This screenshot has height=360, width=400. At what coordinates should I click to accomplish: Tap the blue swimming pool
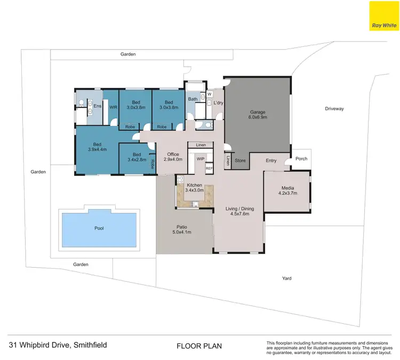click(99, 228)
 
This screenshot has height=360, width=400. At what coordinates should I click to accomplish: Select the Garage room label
click(258, 115)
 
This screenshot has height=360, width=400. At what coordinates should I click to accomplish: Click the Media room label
click(287, 191)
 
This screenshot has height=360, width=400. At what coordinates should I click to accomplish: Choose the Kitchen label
click(195, 187)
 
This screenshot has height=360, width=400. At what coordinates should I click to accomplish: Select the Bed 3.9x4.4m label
click(97, 147)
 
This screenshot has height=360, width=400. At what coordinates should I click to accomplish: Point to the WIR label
click(113, 107)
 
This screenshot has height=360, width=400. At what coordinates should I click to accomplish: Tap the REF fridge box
click(209, 168)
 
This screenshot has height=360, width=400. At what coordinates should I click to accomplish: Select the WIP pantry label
click(201, 158)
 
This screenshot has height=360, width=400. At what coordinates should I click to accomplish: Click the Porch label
click(301, 158)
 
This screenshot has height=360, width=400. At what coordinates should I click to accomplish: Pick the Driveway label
click(334, 109)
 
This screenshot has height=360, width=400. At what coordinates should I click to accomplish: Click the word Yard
click(287, 278)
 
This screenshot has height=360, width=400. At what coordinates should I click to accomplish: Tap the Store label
click(240, 161)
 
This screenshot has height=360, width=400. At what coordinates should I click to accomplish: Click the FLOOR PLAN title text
click(199, 346)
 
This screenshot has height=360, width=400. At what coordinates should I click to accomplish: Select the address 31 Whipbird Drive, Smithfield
click(58, 345)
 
